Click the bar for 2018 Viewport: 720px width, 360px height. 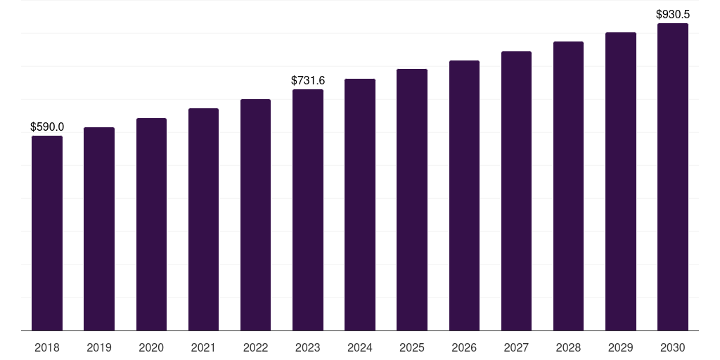tap(47, 233)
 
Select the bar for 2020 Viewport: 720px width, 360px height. tap(151, 224)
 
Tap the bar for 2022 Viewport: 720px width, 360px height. tap(255, 214)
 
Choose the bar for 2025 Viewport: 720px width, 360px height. tap(412, 200)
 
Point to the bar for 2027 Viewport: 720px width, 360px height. tap(516, 191)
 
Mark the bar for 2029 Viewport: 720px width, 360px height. tap(621, 181)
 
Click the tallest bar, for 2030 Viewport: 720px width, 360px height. tap(673, 176)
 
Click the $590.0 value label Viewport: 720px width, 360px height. tap(47, 127)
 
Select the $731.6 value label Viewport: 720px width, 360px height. tap(308, 81)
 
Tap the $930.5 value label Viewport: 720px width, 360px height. tap(673, 14)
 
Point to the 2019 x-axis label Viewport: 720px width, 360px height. tap(99, 347)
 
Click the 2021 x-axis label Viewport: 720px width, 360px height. tap(203, 347)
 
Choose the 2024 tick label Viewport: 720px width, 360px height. tap(360, 347)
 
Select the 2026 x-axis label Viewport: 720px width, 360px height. tap(464, 347)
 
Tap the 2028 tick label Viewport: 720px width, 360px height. tap(568, 347)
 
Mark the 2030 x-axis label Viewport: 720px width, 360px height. tap(673, 347)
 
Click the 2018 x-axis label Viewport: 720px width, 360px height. tap(47, 347)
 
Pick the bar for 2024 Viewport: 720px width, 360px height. tap(360, 205)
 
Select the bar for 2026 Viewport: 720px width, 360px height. tap(464, 195)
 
